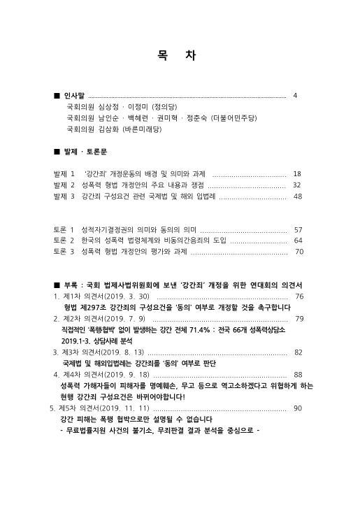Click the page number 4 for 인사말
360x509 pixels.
[296, 95]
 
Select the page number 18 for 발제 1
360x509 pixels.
[297, 173]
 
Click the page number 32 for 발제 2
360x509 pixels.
[297, 185]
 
